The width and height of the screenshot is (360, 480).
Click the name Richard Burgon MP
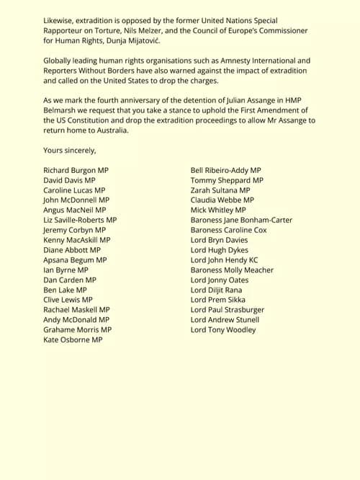(76, 170)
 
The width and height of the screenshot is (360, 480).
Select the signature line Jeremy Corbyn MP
(74, 230)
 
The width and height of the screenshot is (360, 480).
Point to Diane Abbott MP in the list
(72, 250)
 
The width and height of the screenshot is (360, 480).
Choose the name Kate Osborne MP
(73, 339)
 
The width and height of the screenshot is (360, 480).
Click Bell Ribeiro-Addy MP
(226, 170)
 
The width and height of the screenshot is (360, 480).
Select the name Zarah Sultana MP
(220, 190)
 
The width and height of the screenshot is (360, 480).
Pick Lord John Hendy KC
(224, 259)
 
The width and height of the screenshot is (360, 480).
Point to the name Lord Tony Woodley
(223, 330)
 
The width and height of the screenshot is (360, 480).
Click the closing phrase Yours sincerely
(69, 150)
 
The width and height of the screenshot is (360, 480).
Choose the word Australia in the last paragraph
(107, 130)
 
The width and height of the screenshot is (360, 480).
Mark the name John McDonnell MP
(76, 200)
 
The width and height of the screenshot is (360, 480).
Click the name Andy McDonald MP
(76, 320)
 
